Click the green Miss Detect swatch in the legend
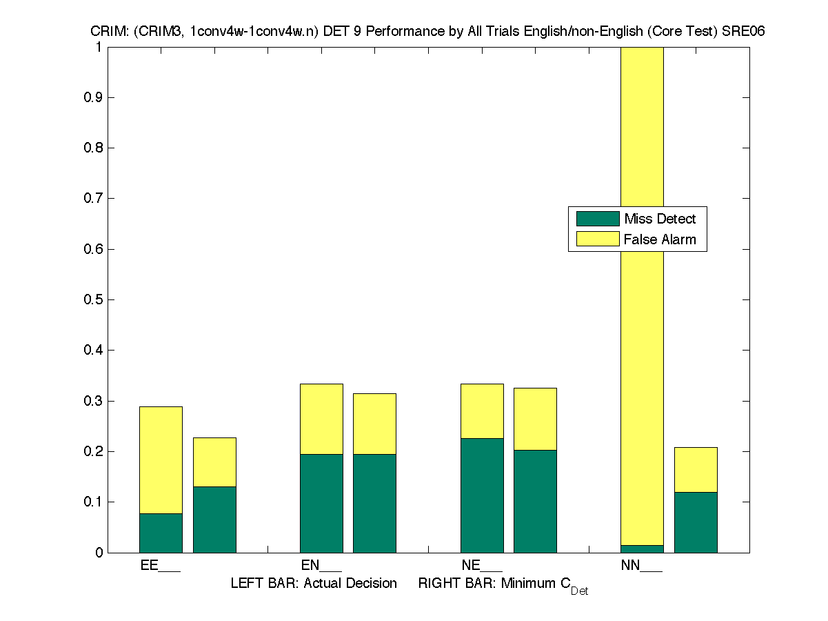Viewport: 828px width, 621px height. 598,219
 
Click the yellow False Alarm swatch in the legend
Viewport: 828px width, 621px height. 598,239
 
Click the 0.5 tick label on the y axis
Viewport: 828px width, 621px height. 94,299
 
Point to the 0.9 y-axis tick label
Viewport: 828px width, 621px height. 94,97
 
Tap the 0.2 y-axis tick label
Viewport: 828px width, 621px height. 94,451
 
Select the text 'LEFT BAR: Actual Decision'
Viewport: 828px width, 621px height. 314,583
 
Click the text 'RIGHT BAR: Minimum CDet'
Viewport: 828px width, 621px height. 503,584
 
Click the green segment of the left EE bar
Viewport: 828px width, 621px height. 161,533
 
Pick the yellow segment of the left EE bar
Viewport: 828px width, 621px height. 161,460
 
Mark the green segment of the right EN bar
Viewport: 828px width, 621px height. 374,503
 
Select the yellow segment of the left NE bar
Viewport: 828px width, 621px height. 482,411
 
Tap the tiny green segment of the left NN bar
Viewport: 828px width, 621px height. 642,549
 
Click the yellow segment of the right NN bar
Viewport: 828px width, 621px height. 696,469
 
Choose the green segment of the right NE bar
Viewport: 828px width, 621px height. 535,501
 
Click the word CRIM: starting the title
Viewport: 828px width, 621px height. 105,32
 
